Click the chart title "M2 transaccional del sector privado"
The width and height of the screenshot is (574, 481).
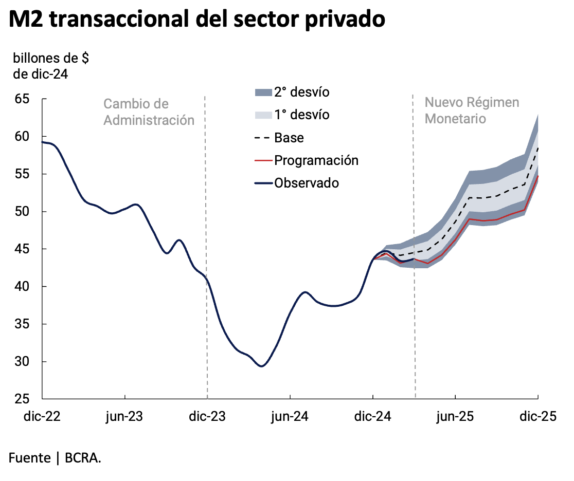(x=197, y=20)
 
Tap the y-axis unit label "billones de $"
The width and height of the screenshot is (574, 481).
(x=51, y=58)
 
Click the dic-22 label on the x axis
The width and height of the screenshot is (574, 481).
(x=42, y=417)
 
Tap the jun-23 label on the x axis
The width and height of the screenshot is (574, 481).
(x=124, y=417)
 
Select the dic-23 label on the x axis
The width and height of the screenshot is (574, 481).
(x=207, y=417)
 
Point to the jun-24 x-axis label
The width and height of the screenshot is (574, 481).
(x=290, y=417)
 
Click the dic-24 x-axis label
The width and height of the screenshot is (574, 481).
(x=373, y=417)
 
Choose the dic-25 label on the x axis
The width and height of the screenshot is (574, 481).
(x=538, y=417)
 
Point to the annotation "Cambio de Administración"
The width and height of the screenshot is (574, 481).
(x=149, y=112)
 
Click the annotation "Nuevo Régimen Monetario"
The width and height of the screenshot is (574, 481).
(x=472, y=110)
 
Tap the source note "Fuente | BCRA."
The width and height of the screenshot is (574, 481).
(x=55, y=458)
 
